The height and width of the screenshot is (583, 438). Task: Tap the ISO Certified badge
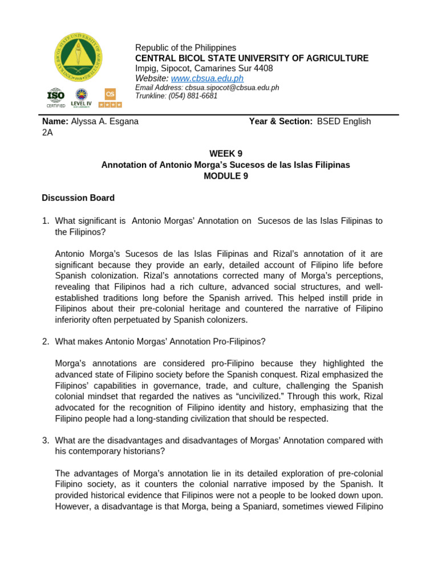click(55, 97)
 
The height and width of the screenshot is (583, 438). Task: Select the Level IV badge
click(81, 98)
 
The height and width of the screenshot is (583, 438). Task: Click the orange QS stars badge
click(110, 97)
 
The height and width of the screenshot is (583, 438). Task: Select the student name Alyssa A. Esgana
click(104, 121)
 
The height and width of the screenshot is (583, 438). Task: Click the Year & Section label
click(281, 121)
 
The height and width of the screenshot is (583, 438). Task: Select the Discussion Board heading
click(78, 198)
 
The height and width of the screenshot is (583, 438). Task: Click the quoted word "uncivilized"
click(255, 397)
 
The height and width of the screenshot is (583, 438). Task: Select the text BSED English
click(344, 121)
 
